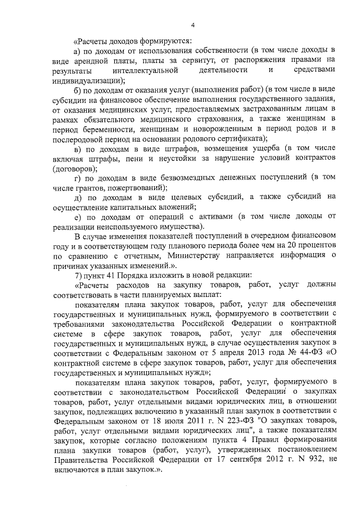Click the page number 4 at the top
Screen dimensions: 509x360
[x=192, y=25]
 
